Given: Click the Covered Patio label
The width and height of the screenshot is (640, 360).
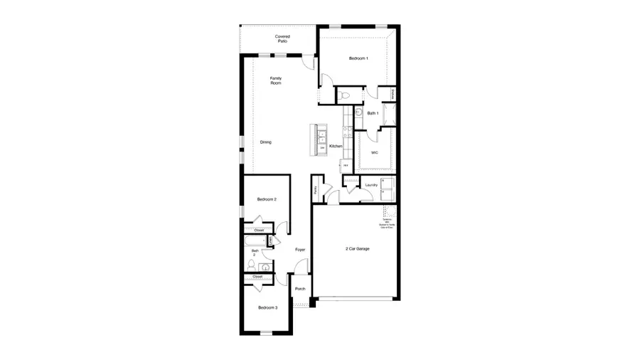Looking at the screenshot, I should click(x=282, y=39).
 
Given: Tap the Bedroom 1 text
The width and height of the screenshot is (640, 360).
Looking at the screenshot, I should click(x=358, y=58).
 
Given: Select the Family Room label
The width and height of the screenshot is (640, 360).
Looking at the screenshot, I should click(x=275, y=80).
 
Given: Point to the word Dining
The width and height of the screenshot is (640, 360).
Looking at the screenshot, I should click(x=265, y=142).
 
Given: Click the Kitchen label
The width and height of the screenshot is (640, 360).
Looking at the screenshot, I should click(x=336, y=147).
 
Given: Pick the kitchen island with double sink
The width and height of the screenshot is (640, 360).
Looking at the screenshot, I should click(x=319, y=139).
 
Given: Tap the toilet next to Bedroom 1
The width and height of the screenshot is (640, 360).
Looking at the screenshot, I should click(x=344, y=95).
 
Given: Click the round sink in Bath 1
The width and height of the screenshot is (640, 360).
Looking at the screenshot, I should click(x=359, y=113).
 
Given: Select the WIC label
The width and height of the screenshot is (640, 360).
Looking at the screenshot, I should click(x=374, y=152).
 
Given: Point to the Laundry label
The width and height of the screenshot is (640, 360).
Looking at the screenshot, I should click(x=370, y=186).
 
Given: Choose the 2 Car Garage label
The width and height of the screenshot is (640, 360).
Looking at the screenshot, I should click(x=357, y=248).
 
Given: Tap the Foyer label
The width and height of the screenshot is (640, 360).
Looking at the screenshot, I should click(x=300, y=250).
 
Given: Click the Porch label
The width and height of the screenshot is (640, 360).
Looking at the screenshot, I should click(x=299, y=289).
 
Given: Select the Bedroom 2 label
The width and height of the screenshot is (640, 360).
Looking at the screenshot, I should click(x=267, y=200).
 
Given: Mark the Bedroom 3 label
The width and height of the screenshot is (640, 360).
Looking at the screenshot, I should click(x=267, y=307).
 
